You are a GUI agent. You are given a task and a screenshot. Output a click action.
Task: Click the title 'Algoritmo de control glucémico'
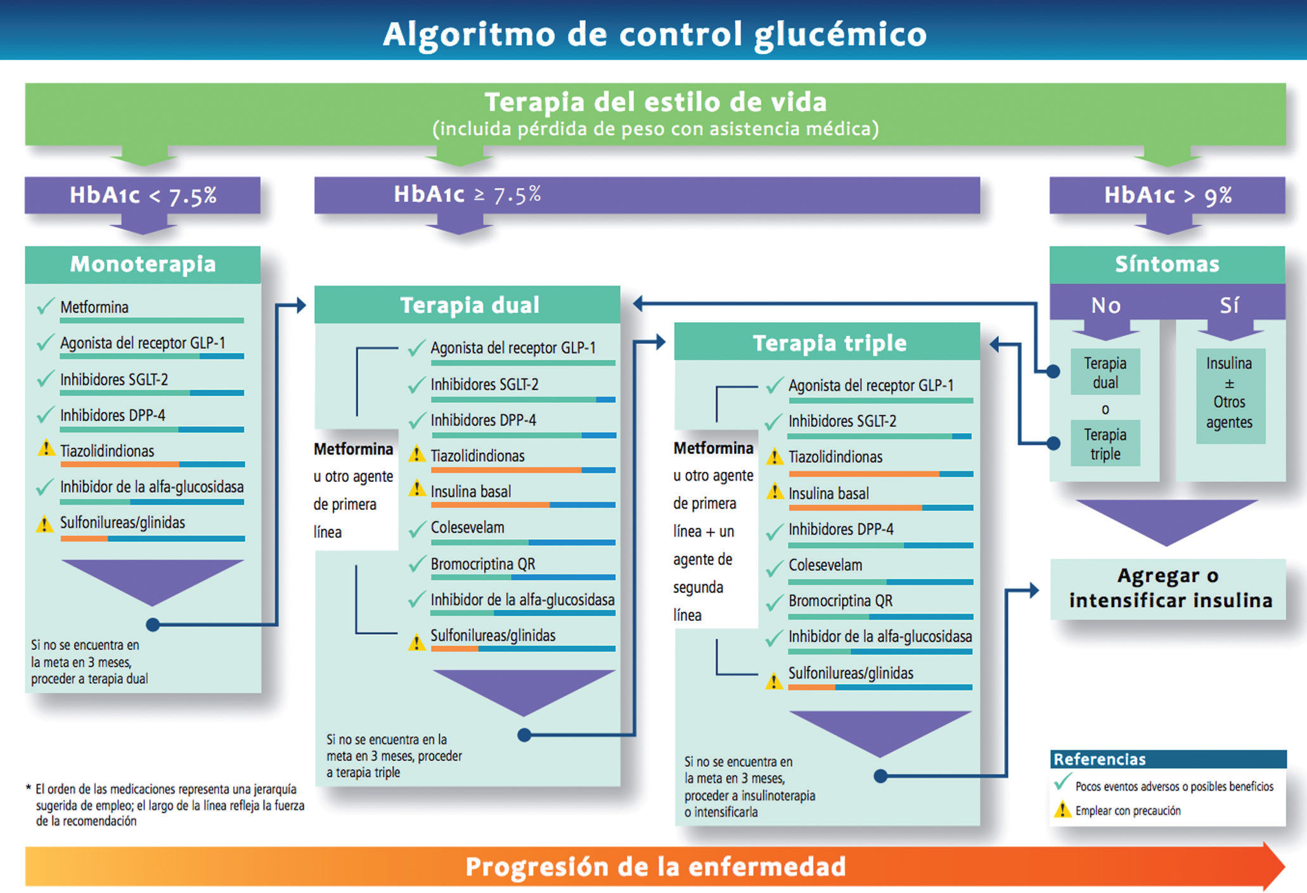click(x=654, y=34)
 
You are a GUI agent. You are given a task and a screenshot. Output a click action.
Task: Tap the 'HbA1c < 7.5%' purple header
click(x=143, y=195)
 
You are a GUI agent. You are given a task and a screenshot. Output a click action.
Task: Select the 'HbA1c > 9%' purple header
click(x=1167, y=195)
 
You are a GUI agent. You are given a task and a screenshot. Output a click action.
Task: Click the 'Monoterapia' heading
click(x=143, y=264)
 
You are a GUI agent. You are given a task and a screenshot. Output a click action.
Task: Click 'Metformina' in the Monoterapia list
click(x=94, y=308)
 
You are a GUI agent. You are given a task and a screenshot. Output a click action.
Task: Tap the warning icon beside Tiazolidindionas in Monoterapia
click(x=46, y=449)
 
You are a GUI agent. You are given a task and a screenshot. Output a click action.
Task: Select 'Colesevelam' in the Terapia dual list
click(x=467, y=528)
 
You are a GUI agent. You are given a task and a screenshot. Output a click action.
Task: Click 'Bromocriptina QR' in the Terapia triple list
click(x=840, y=601)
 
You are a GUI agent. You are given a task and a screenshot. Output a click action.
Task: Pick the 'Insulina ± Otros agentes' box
click(x=1229, y=393)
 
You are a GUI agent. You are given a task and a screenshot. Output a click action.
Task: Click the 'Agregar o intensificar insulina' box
click(x=1168, y=588)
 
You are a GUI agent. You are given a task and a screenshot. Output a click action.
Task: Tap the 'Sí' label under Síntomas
click(x=1228, y=306)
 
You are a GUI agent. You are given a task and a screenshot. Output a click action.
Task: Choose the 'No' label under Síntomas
click(x=1105, y=306)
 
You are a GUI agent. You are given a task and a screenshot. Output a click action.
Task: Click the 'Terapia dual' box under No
click(x=1105, y=372)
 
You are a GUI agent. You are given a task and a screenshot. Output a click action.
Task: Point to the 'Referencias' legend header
click(x=1100, y=759)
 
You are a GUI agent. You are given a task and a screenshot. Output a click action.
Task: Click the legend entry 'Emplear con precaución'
click(x=1128, y=811)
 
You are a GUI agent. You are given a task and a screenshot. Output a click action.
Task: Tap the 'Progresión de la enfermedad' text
click(x=655, y=866)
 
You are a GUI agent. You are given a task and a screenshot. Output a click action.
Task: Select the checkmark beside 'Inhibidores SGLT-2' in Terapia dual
click(x=416, y=385)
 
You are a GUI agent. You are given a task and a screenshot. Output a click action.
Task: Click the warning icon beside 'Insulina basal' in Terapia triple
click(x=775, y=492)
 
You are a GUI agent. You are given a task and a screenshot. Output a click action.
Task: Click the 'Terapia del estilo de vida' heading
click(x=655, y=102)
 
